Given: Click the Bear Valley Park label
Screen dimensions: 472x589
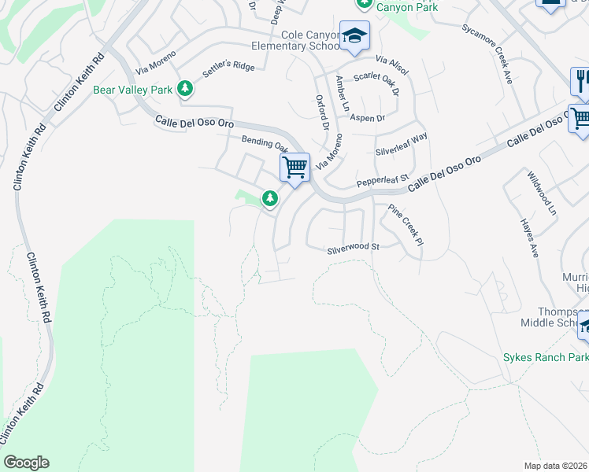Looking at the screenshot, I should (x=132, y=90).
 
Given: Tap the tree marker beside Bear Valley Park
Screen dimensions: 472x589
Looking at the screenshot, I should (x=185, y=88).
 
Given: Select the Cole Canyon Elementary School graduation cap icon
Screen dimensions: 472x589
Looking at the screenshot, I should (x=354, y=36).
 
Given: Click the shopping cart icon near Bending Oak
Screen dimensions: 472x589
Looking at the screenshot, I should (x=294, y=167).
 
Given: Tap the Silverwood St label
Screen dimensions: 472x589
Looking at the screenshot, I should (x=354, y=248).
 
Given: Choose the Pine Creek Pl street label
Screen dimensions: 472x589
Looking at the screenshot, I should (x=406, y=224).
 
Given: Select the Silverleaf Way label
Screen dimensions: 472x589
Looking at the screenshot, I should (x=402, y=142).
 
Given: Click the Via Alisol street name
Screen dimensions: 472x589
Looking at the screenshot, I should (x=392, y=65).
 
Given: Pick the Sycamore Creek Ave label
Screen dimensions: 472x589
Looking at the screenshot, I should (x=499, y=53).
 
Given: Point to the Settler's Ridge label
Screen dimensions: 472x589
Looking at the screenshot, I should (x=228, y=69).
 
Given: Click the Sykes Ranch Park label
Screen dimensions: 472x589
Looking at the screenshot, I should (x=545, y=357).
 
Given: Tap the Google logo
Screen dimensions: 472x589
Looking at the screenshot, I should (x=26, y=463).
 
